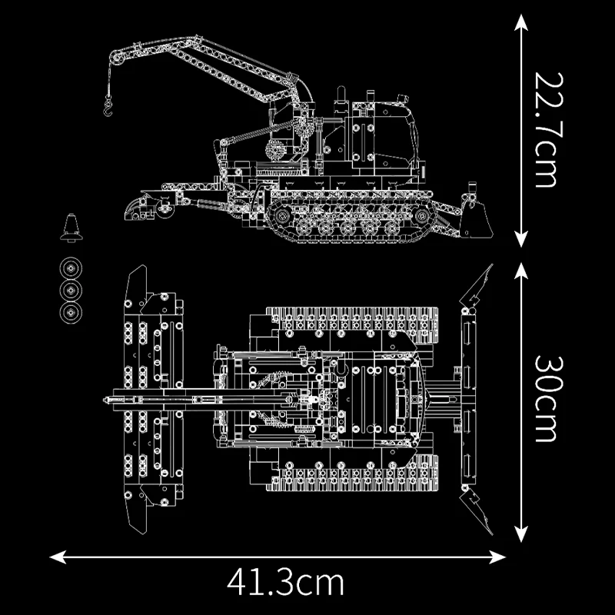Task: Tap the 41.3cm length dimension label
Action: coord(285,582)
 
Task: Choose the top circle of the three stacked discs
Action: coord(72,269)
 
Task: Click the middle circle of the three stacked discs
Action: coord(72,291)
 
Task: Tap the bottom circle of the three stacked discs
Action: coord(72,312)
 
